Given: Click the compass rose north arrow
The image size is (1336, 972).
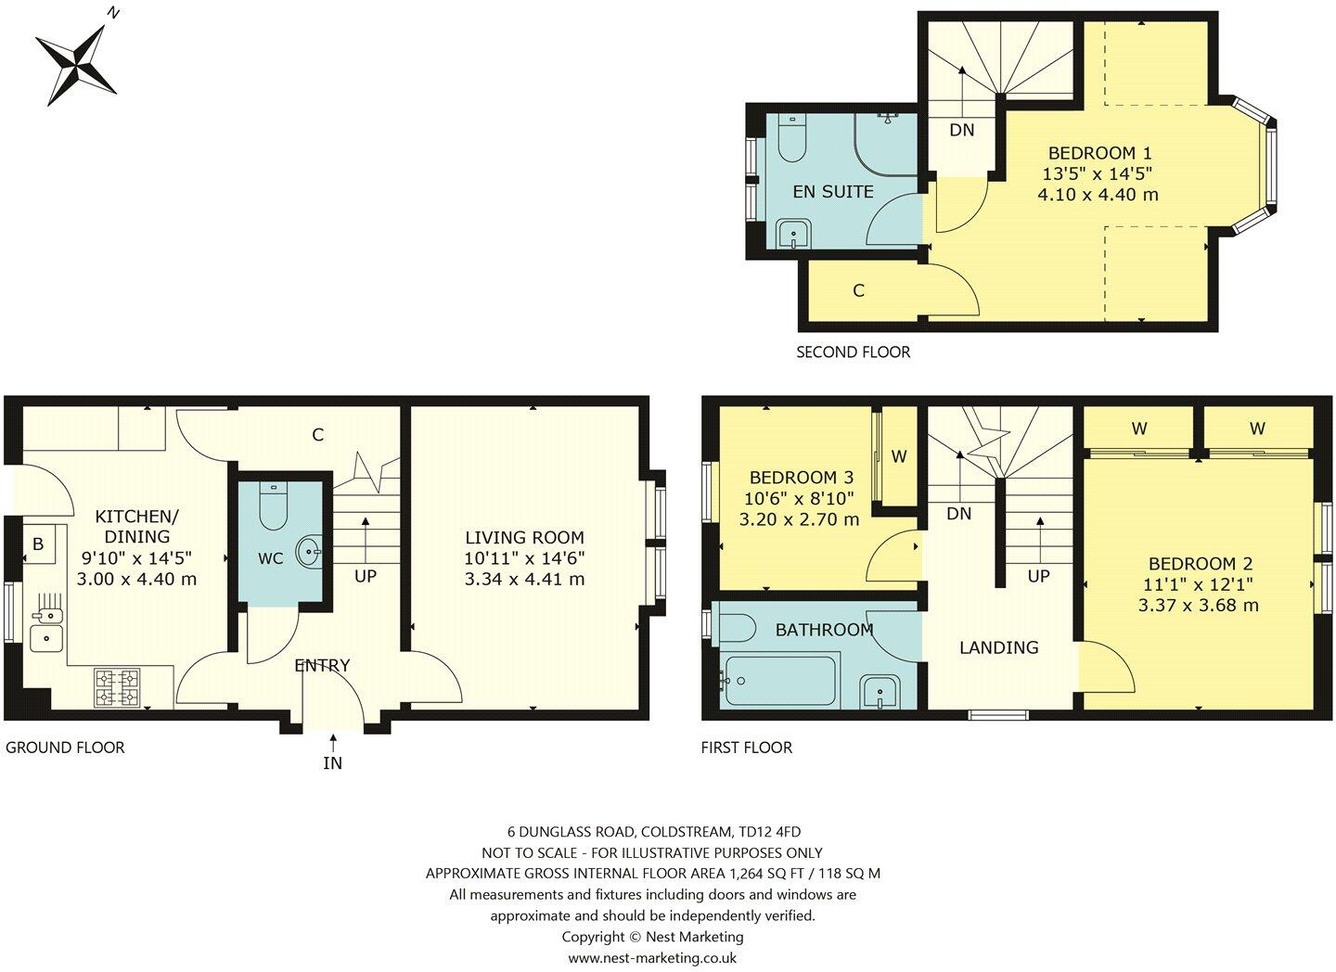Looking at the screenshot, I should point(78,61).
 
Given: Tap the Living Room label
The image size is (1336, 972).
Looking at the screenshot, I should point(524,537).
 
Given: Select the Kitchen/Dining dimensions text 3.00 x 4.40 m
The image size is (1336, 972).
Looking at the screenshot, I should point(136,580).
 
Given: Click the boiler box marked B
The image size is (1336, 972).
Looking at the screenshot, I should point(38,544).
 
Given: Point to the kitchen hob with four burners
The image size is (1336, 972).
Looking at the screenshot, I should point(118,687).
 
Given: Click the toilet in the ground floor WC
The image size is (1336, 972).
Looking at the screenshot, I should point(274,505).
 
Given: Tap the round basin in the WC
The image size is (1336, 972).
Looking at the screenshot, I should point(309,554).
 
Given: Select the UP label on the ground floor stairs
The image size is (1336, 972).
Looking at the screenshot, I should point(366,576).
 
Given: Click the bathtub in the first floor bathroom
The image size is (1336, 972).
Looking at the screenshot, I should point(777,682).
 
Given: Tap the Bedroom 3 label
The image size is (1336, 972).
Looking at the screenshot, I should point(801,478).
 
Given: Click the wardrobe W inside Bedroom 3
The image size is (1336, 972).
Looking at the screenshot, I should point(898,456).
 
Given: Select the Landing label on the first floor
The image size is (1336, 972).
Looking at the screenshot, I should point(998,647).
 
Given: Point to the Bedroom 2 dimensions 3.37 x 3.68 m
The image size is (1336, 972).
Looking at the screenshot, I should point(1198,606).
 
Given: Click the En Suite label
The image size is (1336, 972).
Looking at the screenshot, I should point(832,191).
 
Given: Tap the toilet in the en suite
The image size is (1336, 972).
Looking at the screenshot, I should point(791,138).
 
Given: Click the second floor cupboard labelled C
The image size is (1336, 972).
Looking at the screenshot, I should point(858,290).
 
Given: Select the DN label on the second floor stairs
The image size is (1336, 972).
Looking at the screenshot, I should point(962,130).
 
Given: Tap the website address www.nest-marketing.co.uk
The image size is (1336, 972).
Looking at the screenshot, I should point(652,957).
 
